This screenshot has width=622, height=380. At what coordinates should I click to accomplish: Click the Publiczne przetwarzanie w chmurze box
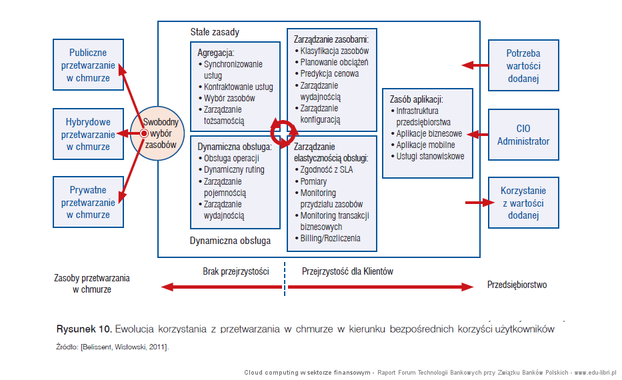click(x=88, y=65)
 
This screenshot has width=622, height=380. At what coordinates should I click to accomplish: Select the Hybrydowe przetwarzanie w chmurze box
click(x=88, y=134)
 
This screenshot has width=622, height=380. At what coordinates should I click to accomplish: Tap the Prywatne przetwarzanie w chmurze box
click(x=88, y=202)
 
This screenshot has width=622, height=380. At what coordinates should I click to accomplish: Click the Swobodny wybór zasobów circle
click(x=157, y=133)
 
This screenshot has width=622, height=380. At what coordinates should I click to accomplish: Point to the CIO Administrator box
click(x=523, y=135)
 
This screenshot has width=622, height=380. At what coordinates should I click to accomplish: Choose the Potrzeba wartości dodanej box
click(x=523, y=65)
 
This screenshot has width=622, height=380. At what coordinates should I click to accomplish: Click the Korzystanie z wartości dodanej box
click(x=523, y=203)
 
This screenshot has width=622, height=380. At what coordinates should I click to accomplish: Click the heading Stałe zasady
click(x=215, y=32)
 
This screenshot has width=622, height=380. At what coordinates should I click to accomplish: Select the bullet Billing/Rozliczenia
click(x=327, y=239)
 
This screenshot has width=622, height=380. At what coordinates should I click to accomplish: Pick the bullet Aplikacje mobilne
click(x=423, y=145)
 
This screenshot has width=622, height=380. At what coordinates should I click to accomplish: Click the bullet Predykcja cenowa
click(x=327, y=74)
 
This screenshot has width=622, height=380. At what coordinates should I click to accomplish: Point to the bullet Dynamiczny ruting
click(x=231, y=170)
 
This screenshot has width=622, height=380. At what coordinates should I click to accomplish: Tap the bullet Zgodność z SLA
click(x=324, y=170)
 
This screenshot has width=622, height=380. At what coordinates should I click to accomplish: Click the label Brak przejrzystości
click(x=235, y=271)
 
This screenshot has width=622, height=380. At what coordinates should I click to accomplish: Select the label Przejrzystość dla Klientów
click(x=347, y=271)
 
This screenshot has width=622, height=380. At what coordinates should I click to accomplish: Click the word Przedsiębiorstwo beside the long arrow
click(x=517, y=285)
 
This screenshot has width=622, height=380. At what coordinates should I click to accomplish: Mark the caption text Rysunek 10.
click(x=84, y=329)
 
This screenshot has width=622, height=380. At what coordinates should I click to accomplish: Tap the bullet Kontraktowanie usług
click(x=235, y=87)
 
